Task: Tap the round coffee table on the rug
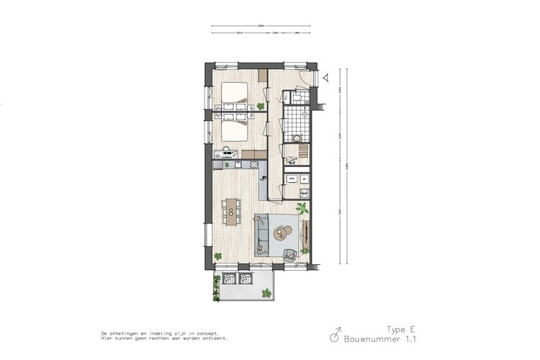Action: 284,232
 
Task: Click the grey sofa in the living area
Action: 262,235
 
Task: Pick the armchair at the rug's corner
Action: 290,254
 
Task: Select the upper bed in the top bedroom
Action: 233,94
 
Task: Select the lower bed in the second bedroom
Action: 233,130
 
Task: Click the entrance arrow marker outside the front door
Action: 325,76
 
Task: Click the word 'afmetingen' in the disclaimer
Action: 127,334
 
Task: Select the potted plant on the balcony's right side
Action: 267,292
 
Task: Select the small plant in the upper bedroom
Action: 261,106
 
